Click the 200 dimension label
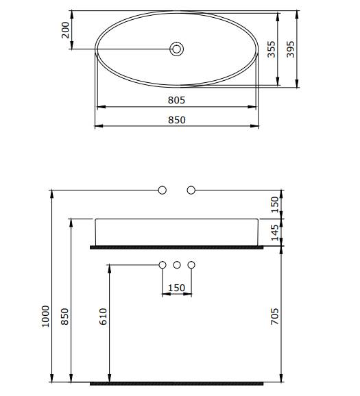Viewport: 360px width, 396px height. pos(65,30)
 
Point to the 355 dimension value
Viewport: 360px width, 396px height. pos(272,49)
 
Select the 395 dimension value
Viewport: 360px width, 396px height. pos(291,49)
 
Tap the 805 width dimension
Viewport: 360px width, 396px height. pos(176,100)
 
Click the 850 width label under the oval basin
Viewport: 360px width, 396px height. pos(177,120)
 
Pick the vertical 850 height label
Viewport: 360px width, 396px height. pos(65,317)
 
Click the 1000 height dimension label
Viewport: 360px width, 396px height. pos(46,317)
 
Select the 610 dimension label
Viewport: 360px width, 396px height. pos(103,317)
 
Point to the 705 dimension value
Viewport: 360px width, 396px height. pos(274,317)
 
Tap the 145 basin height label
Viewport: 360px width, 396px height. pos(274,233)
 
